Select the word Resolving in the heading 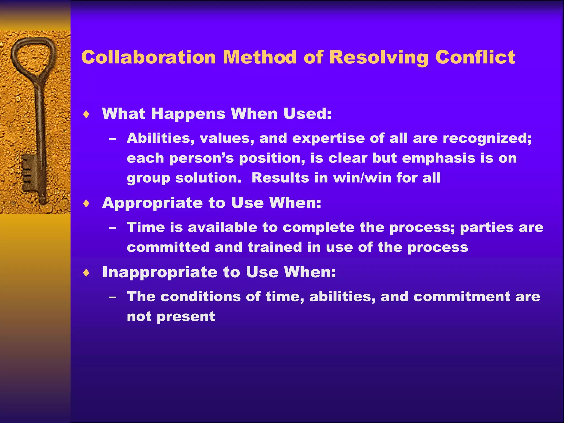[379, 58]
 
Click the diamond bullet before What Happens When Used [86, 114]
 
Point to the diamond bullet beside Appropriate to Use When [86, 204]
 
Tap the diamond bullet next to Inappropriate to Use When [86, 273]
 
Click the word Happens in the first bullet [188, 114]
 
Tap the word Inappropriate [160, 272]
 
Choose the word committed [168, 247]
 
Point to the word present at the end [186, 317]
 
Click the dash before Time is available [112, 228]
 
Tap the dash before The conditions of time [112, 297]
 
